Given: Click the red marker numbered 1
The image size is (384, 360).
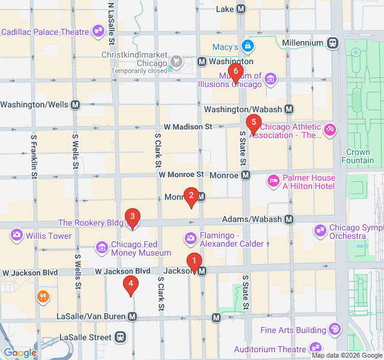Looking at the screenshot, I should [194, 261].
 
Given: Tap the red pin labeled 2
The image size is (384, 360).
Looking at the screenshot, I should [191, 195].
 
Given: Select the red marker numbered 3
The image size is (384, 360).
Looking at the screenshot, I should [132, 217].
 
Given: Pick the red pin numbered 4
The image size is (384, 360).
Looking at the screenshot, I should [130, 284].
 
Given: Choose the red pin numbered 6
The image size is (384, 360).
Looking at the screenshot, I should [235, 71].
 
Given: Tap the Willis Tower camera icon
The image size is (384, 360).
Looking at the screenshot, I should [16, 236].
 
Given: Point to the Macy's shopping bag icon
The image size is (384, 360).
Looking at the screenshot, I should [248, 46].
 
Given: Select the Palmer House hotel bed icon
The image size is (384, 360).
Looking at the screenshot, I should [274, 181].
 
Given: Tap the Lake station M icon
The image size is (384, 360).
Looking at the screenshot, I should [241, 9].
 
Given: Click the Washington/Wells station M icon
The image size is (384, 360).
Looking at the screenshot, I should [76, 104].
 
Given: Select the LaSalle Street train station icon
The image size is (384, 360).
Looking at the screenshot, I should [121, 337].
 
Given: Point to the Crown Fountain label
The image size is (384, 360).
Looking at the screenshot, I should [358, 156].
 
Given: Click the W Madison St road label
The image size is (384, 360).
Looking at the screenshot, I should [188, 127].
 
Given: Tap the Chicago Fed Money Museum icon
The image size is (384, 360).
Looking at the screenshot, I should [101, 247].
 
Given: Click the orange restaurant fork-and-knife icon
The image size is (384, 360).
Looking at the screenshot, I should [43, 296].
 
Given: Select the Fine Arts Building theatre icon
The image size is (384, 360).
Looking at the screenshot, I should [334, 329].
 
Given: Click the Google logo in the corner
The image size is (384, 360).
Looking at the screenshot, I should [20, 353].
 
